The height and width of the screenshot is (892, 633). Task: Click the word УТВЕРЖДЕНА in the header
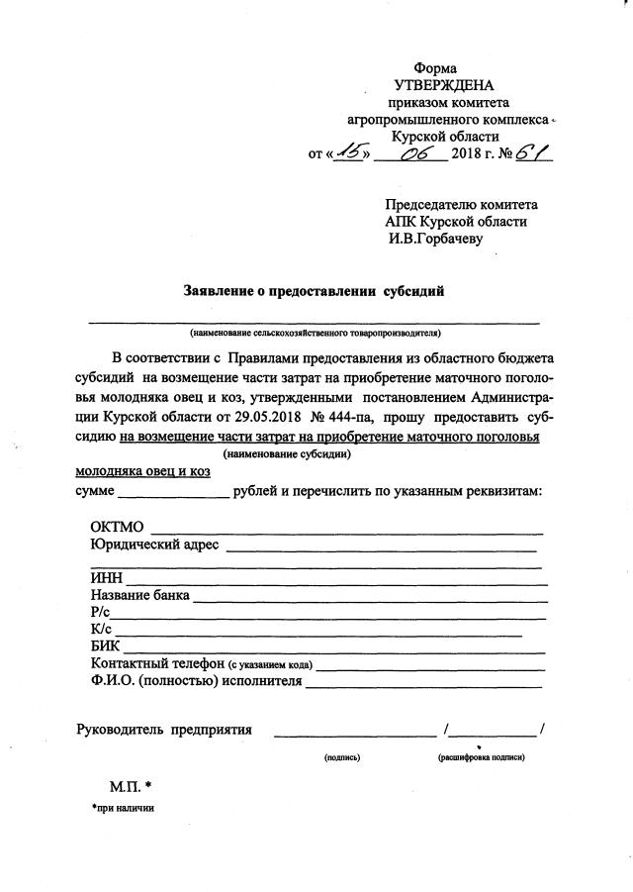pos(443,86)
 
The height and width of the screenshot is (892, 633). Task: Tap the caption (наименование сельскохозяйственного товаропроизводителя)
pos(316,334)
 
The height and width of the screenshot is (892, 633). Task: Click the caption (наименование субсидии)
pos(287,454)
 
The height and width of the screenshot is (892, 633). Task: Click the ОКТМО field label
pos(117,527)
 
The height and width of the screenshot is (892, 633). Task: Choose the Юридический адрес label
pos(153,545)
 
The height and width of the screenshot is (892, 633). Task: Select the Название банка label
pos(138,597)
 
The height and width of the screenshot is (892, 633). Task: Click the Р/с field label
pos(101,614)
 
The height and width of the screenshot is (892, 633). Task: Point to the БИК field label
pos(105,647)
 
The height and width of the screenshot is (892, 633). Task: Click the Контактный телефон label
pos(157,663)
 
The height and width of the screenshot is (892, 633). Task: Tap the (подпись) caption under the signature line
pos(341,757)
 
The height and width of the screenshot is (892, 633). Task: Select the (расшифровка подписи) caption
pos(482,757)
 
